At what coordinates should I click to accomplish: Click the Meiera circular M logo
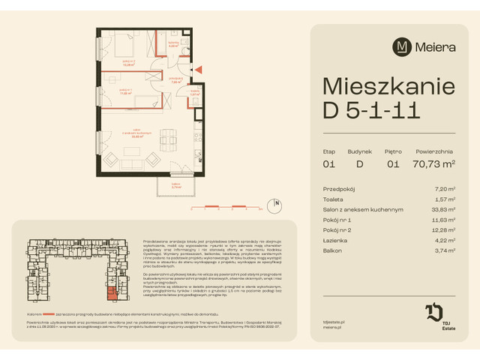(x=402, y=46)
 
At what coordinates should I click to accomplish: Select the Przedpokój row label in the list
(x=339, y=190)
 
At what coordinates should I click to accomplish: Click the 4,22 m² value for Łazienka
(x=446, y=240)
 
